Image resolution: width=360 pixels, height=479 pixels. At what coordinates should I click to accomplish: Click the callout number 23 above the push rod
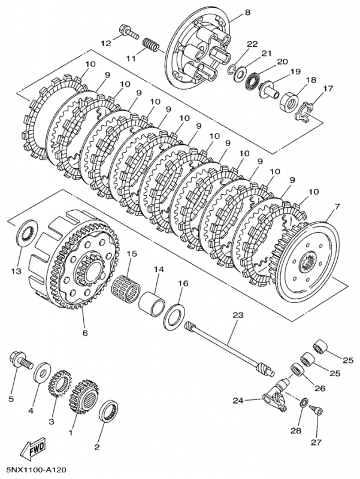click(238, 314)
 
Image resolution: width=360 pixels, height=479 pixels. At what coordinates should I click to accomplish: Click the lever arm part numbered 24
click(277, 398)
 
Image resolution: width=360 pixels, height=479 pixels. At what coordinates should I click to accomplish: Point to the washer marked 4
click(43, 371)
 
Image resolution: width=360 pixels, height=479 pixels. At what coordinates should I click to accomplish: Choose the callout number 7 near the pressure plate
click(336, 207)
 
